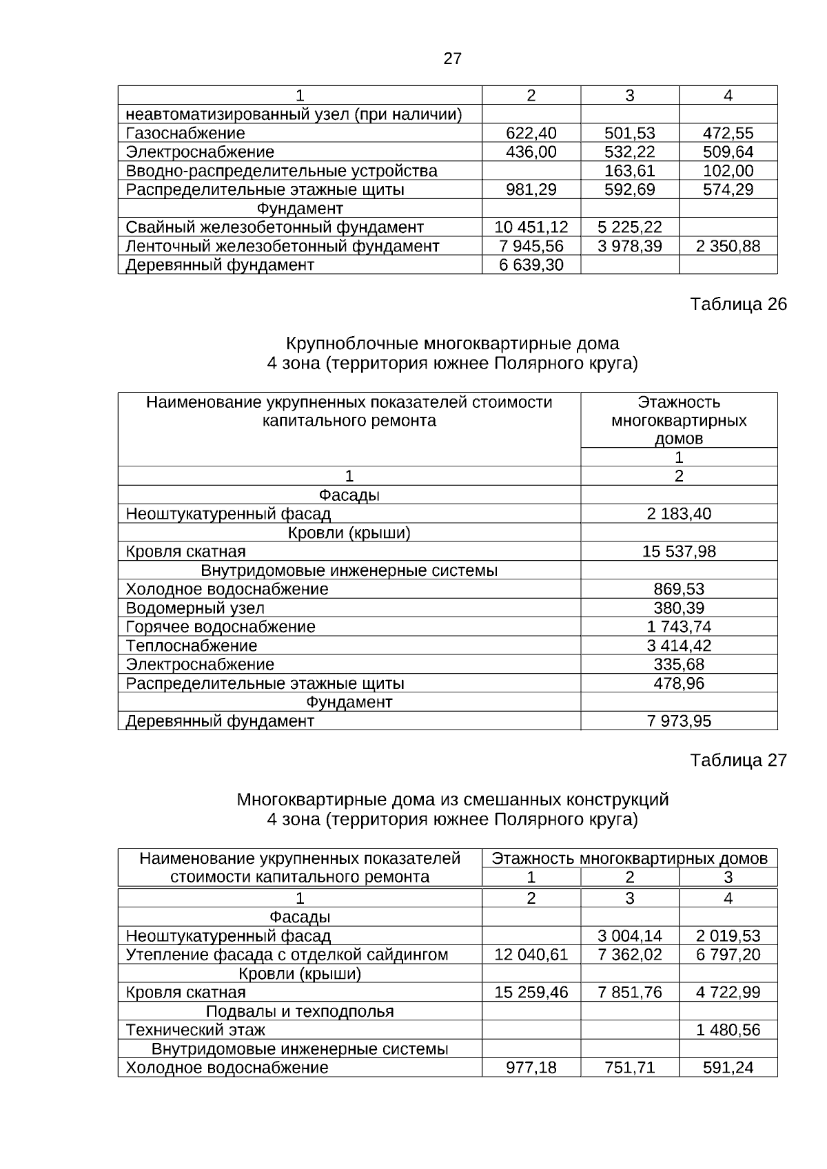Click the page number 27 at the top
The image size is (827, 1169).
point(452,59)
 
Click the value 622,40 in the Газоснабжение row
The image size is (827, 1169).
point(531,133)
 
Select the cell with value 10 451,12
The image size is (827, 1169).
point(531,227)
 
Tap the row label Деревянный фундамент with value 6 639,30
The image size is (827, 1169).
point(220,265)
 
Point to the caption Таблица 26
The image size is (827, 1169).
point(738,304)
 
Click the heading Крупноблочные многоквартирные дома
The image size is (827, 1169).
point(452,343)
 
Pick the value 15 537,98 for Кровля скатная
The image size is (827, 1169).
point(679,552)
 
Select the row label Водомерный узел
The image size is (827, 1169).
point(195,608)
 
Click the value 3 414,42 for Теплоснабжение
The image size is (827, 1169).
point(679,646)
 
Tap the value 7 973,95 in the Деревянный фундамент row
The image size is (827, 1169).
point(679,721)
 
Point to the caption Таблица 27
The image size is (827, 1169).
point(738,761)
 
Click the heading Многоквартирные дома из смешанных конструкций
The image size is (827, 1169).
point(452,800)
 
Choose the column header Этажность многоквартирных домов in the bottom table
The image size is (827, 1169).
point(629,858)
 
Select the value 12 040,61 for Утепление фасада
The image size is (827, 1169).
point(531,955)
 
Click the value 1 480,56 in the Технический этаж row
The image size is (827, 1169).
point(728,1030)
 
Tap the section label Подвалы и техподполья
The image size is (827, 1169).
point(300,1011)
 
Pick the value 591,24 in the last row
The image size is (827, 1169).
point(728,1068)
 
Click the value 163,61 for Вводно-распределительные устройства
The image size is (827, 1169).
point(629,171)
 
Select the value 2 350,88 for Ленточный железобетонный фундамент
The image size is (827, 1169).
point(728,246)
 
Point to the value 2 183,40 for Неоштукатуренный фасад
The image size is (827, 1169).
point(679,514)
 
